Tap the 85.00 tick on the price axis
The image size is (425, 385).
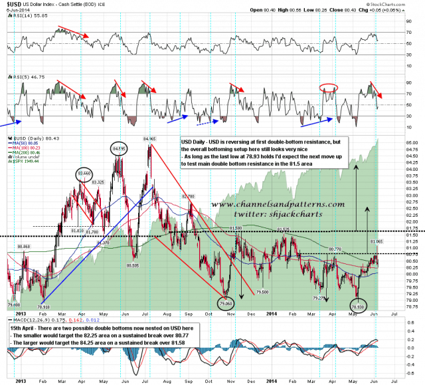point(412,142)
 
